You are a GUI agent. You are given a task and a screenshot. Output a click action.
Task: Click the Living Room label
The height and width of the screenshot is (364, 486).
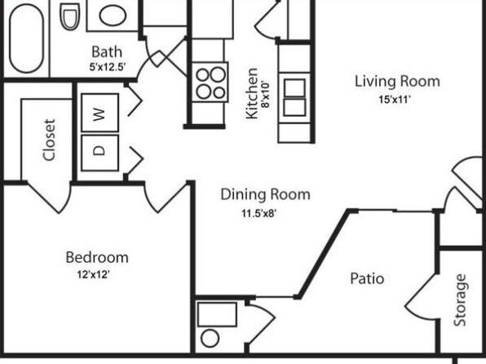click(397, 82)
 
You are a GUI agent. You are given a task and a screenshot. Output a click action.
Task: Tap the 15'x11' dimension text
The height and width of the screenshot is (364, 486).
click(395, 100)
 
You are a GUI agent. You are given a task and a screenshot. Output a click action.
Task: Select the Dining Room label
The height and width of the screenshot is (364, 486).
click(265, 194)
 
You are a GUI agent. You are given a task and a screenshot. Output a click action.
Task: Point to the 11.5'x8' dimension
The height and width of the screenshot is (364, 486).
click(258, 214)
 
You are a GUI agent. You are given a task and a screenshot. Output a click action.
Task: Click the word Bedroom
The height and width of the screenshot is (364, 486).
click(97, 258)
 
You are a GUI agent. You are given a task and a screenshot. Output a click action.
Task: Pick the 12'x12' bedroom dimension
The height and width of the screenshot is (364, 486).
click(93, 274)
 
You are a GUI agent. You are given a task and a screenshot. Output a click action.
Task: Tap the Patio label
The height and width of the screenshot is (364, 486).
click(367, 278)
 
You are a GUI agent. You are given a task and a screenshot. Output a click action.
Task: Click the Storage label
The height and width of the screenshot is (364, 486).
click(460, 300)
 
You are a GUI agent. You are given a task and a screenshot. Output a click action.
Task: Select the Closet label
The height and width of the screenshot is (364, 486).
click(50, 140)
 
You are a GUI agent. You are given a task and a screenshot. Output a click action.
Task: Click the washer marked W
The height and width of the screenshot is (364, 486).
click(99, 113)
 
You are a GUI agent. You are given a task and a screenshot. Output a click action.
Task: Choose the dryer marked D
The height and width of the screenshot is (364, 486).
click(99, 153)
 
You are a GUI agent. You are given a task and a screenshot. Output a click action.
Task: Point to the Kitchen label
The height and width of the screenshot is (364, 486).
click(251, 93)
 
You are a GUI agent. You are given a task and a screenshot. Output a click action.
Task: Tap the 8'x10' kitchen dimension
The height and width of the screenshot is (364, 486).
click(266, 95)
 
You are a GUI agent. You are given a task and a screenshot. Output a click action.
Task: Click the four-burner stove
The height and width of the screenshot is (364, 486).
click(210, 82)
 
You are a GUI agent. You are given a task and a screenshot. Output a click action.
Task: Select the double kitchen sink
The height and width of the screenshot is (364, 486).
click(294, 97)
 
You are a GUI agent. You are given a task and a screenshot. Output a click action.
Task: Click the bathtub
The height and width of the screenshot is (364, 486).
click(26, 38)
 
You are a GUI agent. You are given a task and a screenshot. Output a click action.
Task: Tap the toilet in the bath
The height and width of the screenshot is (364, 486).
click(70, 16)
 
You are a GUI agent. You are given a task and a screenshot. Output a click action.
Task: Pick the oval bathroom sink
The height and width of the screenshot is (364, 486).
click(113, 16)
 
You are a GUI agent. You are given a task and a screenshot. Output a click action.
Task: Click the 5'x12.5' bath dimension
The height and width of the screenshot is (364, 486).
click(108, 67)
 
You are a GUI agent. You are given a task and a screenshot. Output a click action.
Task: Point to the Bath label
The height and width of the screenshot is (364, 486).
click(107, 51)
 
